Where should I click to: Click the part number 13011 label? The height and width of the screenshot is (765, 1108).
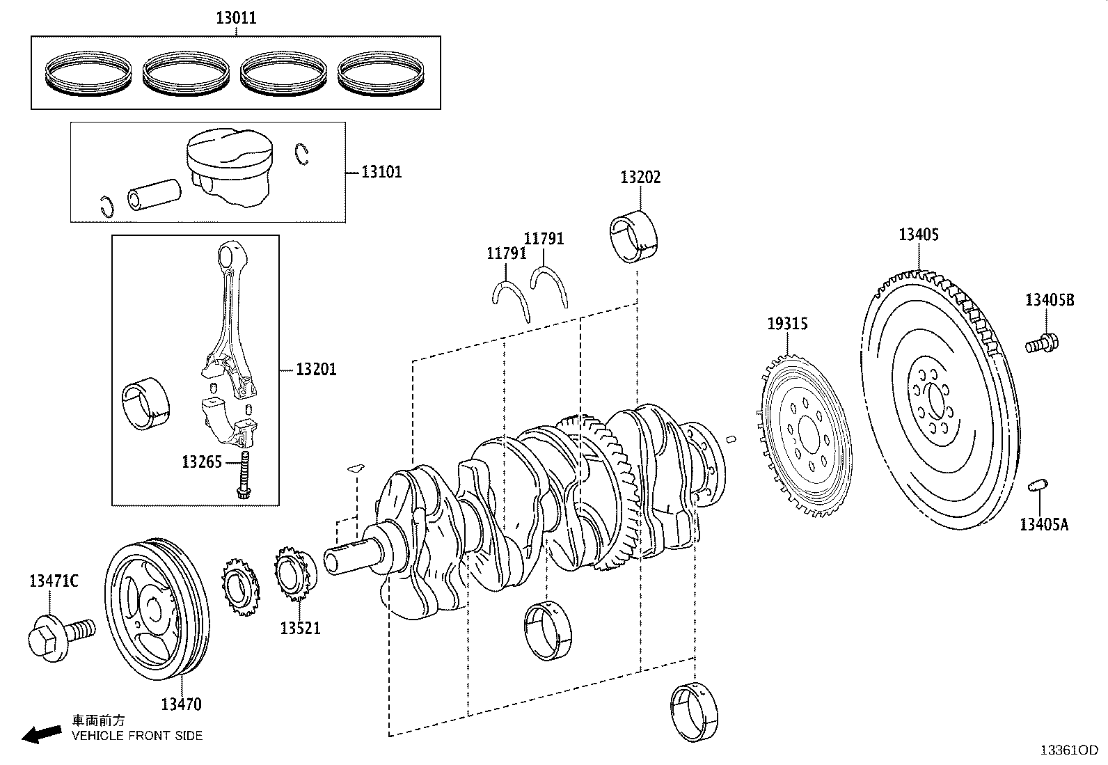click(235, 18)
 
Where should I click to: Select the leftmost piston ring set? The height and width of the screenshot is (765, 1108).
click(88, 73)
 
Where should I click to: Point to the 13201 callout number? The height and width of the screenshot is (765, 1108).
click(316, 370)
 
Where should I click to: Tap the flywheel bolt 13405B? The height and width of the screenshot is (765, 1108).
click(1042, 342)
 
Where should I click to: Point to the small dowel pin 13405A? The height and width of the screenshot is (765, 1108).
click(1038, 485)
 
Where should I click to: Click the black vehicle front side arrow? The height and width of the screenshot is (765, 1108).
click(41, 734)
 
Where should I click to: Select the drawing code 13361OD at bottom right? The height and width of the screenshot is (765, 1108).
click(1068, 750)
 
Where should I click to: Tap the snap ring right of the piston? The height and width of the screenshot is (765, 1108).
click(301, 154)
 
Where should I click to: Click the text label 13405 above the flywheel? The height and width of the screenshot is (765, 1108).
click(918, 235)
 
